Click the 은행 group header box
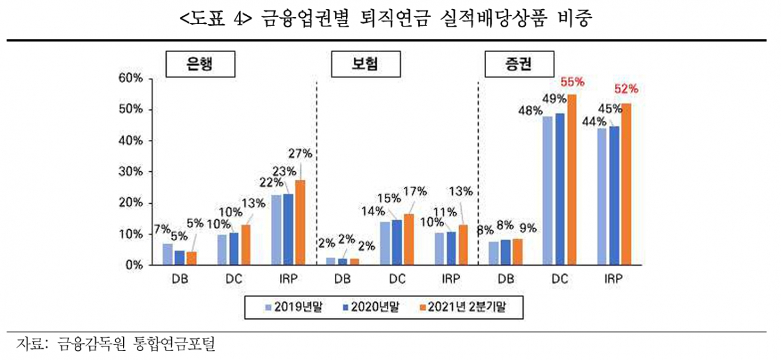[x=199, y=64]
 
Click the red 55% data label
[x=573, y=83]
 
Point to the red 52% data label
[x=626, y=89]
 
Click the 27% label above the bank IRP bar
[x=301, y=154]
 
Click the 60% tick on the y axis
[x=130, y=79]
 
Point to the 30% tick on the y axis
[x=130, y=172]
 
